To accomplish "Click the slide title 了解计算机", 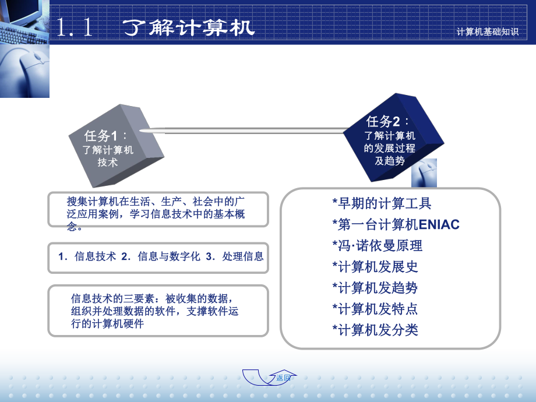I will [190, 27].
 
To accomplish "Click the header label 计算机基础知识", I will [488, 32].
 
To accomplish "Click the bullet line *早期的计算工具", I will [382, 203].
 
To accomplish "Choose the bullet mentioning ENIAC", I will [396, 224].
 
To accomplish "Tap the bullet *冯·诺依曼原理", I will [377, 245].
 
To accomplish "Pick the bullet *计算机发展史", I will [375, 267].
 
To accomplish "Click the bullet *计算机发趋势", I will [375, 288].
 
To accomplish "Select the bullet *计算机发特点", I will [375, 309].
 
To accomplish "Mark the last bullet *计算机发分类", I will [375, 330].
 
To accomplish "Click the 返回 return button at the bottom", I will [283, 378].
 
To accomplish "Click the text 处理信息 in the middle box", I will [243, 256].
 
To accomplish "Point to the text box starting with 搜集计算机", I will [158, 209].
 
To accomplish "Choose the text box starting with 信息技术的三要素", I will [158, 311].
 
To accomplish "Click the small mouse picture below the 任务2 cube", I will [424, 173].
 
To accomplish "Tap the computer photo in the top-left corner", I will [24, 49].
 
